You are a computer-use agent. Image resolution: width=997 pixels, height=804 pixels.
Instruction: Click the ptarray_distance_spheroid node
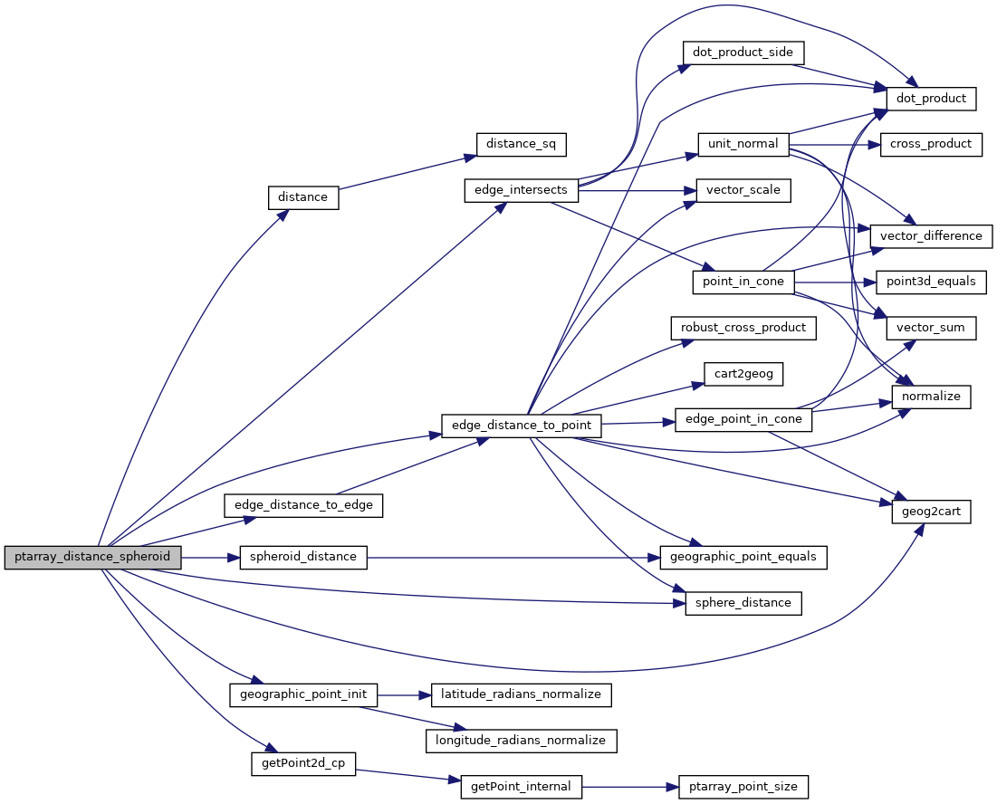[x=92, y=557]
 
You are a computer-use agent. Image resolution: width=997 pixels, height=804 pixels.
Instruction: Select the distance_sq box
[x=522, y=144]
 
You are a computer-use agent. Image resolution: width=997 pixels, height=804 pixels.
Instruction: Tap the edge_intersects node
[x=521, y=190]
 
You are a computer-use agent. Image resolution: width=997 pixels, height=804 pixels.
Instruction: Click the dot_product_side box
[x=742, y=53]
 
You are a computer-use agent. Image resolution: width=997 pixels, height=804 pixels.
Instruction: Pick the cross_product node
[x=931, y=144]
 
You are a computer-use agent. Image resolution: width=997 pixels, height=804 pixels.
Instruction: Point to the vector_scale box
[x=743, y=190]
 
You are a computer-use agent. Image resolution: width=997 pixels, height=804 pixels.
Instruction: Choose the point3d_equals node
[x=931, y=282]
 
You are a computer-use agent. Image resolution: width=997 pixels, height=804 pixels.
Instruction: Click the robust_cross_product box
[x=743, y=328]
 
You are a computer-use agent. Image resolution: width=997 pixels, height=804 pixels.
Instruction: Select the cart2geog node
[x=743, y=373]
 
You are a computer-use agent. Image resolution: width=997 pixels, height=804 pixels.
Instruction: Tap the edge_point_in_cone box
[x=743, y=420]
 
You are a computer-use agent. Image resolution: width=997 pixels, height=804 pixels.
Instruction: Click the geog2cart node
[x=931, y=512]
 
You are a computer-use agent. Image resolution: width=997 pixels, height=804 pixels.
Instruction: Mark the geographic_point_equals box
[x=743, y=557]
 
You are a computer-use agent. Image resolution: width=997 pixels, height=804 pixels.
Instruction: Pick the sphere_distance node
[x=743, y=603]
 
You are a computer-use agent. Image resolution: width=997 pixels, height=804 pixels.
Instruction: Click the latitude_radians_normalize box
[x=521, y=694]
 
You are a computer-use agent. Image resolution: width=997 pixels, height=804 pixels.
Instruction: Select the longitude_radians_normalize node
[x=521, y=741]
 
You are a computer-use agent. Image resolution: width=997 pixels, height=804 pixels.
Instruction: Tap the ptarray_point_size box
[x=743, y=787]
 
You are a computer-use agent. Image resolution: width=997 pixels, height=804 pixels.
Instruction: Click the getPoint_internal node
[x=521, y=787]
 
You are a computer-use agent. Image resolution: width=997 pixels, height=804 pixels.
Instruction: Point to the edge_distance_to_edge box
[x=303, y=505]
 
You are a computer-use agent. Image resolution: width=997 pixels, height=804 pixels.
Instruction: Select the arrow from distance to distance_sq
[x=407, y=173]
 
